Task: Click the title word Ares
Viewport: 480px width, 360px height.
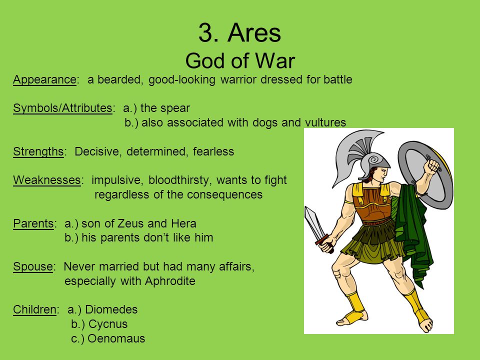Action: pyautogui.click(x=254, y=33)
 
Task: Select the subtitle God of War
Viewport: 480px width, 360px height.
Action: pyautogui.click(x=240, y=60)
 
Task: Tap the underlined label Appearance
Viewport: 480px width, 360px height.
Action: pyautogui.click(x=44, y=80)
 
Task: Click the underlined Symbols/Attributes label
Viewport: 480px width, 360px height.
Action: pyautogui.click(x=62, y=108)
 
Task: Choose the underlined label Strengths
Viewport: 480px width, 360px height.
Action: pyautogui.click(x=38, y=151)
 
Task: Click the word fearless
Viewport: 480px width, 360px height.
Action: pyautogui.click(x=213, y=151)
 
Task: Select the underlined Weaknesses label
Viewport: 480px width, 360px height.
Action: pyautogui.click(x=47, y=180)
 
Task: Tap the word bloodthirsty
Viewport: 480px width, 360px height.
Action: pyautogui.click(x=179, y=180)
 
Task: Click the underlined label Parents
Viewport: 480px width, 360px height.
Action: pyautogui.click(x=33, y=223)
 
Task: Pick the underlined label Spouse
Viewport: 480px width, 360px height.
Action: pyautogui.click(x=33, y=266)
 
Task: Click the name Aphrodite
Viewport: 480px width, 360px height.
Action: pyautogui.click(x=170, y=280)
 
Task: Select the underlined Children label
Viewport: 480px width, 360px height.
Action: pyautogui.click(x=34, y=309)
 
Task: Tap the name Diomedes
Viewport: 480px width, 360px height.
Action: pyautogui.click(x=111, y=309)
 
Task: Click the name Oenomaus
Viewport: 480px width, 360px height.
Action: pyautogui.click(x=116, y=338)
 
